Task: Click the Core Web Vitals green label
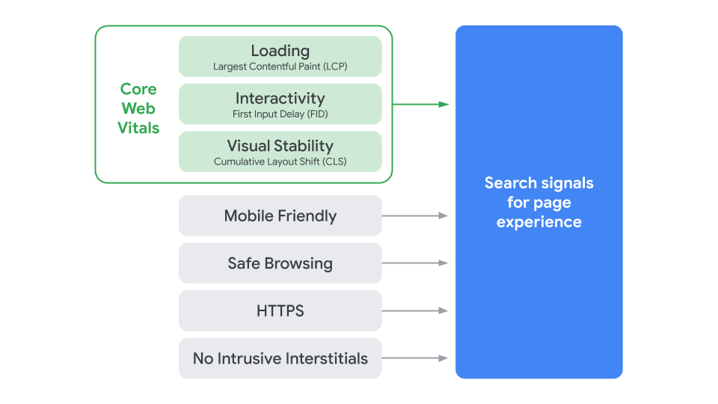coord(138,108)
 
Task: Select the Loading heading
coord(280,51)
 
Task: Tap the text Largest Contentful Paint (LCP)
coord(280,67)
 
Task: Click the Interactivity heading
coord(280,98)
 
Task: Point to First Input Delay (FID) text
coord(280,114)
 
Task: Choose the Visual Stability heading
coord(280,146)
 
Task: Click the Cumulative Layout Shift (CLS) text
coord(280,162)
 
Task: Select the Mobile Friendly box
coord(280,216)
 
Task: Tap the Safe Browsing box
coord(280,263)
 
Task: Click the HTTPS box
coord(280,310)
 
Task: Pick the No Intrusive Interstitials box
coord(280,358)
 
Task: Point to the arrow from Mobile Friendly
coord(414,215)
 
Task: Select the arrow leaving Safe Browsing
coord(414,263)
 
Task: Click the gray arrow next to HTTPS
coord(414,310)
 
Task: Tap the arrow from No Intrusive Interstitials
coord(414,358)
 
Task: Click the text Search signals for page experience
coord(538,202)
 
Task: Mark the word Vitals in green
coord(138,128)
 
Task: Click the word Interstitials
coord(326,358)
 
